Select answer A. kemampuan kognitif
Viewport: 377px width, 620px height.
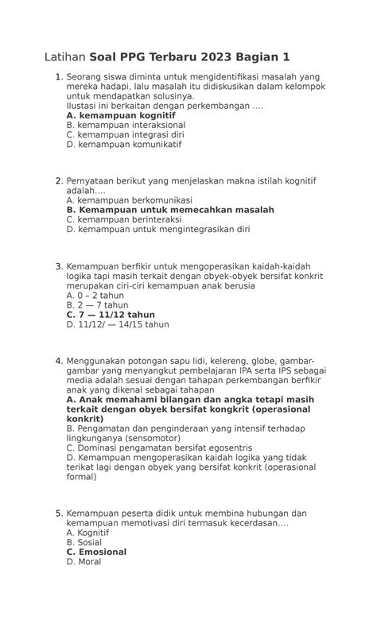click(121, 115)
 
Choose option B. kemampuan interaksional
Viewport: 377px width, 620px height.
click(126, 125)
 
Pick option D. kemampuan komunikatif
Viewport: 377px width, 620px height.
click(124, 145)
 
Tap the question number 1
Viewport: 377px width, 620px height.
click(58, 77)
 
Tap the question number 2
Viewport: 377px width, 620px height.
click(58, 180)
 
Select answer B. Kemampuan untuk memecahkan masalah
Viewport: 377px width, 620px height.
click(170, 210)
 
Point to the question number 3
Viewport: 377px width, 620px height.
click(58, 266)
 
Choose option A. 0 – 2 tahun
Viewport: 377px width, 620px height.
click(95, 296)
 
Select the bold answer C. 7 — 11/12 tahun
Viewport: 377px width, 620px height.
click(111, 315)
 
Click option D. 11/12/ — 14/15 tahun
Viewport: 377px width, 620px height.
click(118, 324)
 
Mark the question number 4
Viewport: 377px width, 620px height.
click(58, 361)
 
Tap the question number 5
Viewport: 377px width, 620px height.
click(58, 513)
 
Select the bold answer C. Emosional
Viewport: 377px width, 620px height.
click(96, 552)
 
